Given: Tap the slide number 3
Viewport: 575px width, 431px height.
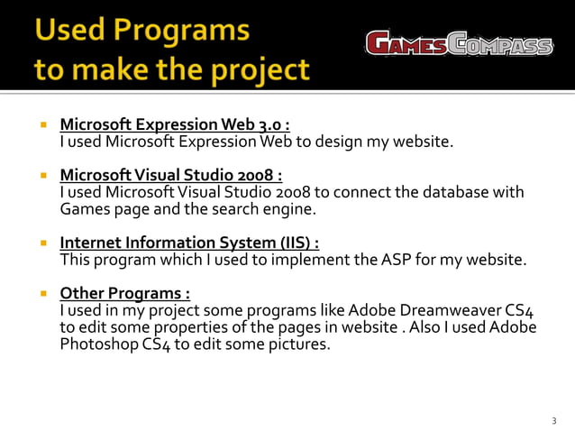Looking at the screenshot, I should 553,421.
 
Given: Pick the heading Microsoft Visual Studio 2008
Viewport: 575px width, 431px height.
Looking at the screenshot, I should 171,174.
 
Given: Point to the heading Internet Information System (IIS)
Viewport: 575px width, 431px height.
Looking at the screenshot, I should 189,243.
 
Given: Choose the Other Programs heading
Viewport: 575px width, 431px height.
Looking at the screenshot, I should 124,293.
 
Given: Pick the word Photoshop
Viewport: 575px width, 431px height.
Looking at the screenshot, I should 98,344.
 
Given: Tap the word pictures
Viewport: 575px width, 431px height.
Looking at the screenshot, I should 300,344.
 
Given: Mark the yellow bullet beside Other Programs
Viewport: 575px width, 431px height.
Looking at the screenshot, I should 42,293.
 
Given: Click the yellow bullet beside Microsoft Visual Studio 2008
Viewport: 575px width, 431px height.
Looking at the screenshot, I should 42,175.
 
